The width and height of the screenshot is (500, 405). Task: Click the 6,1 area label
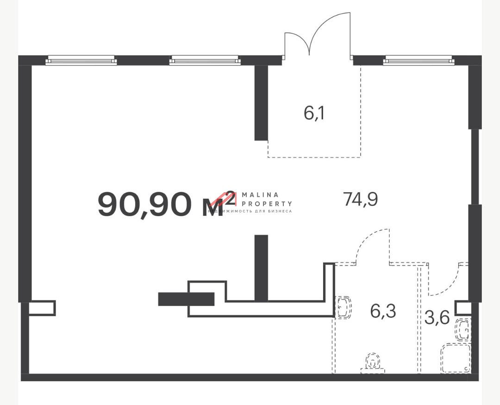pos(314,114)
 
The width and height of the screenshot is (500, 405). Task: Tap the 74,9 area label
pos(360,199)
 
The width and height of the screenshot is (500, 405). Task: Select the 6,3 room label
pos(383,311)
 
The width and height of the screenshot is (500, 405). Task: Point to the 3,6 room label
pos(437,318)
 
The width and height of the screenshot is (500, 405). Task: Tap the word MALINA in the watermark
pos(260,195)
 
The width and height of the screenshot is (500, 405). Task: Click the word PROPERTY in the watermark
pos(267,203)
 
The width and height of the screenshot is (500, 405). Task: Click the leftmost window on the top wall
pos(81,60)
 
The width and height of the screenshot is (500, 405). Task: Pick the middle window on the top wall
pos(205,60)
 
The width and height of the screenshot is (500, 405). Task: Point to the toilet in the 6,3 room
pos(372,364)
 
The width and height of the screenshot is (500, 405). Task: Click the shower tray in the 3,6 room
pos(455,358)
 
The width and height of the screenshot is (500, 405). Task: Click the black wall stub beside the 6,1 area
pos(261,102)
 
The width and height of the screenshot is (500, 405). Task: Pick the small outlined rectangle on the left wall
pos(42,308)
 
